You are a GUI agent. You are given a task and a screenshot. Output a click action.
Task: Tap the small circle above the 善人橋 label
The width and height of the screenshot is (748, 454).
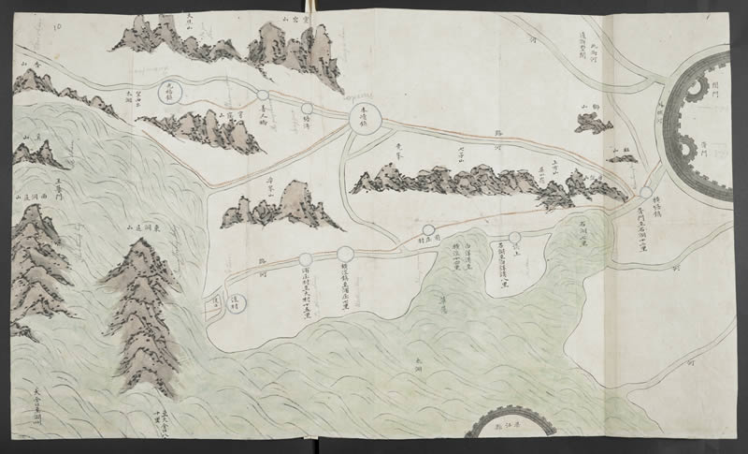[x=263, y=95]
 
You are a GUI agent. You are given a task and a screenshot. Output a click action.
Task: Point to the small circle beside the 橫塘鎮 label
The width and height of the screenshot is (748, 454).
[x=646, y=193]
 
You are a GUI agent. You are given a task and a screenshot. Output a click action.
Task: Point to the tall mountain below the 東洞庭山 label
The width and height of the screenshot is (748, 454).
[x=140, y=309]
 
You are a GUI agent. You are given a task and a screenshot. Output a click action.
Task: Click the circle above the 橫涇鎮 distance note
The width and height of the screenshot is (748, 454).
[x=345, y=253]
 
